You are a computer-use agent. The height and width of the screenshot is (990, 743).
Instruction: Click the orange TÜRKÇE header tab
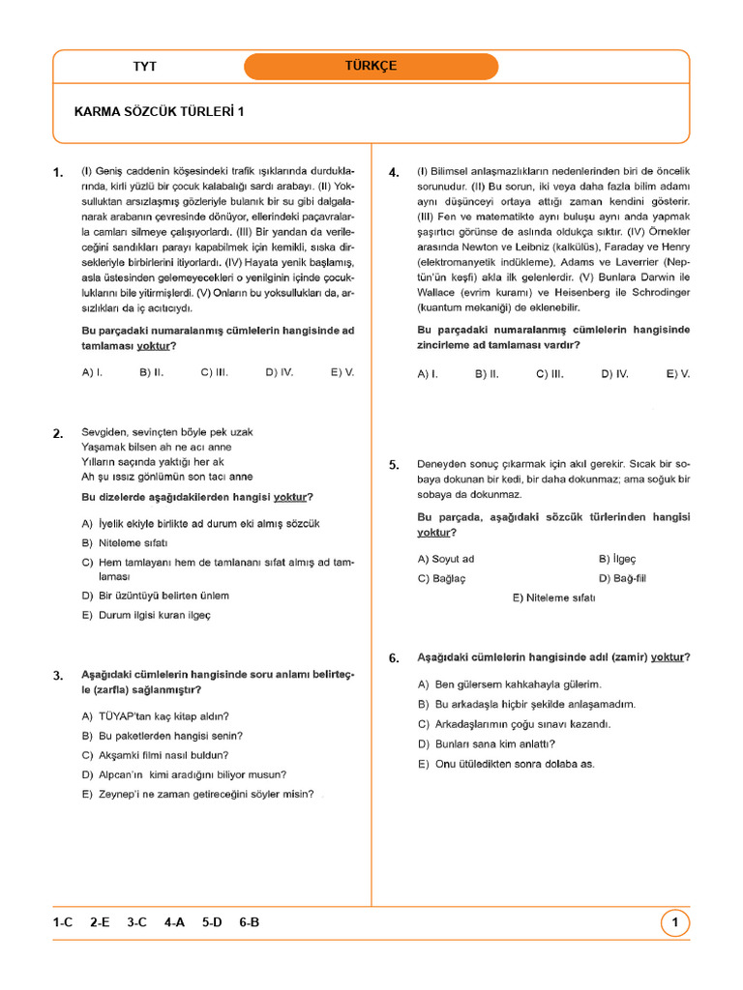371,66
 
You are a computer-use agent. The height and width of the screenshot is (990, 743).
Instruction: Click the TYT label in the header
144,67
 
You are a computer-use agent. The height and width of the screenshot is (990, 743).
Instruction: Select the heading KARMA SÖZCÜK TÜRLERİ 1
160,111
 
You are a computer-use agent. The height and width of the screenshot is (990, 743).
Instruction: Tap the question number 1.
58,173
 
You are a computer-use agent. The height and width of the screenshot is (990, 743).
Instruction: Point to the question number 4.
394,173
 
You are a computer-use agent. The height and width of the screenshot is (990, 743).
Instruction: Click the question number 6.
394,658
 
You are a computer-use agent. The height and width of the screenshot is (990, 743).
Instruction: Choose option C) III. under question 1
214,371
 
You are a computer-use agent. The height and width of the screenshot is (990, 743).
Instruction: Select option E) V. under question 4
678,373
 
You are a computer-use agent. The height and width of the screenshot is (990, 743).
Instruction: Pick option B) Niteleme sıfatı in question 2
126,542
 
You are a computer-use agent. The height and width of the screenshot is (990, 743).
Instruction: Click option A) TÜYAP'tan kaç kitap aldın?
156,716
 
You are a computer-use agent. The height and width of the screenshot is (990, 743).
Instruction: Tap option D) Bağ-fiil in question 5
623,578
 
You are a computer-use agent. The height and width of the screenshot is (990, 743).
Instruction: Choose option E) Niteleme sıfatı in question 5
553,597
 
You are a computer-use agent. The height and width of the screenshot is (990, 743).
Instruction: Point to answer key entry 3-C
135,922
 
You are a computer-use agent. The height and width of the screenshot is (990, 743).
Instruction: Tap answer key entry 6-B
249,922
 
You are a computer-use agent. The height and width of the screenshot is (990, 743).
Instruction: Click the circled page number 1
675,923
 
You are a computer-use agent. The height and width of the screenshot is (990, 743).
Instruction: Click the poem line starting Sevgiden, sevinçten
166,432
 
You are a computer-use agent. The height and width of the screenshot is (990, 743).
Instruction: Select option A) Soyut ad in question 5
446,559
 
